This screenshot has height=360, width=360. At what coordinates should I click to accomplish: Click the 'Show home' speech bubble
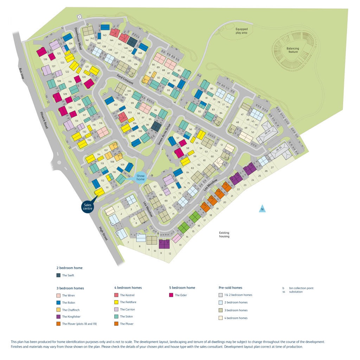coord(141,177)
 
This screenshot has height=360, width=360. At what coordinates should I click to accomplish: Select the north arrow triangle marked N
coord(262,209)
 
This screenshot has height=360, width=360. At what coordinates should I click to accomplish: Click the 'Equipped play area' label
coord(242,31)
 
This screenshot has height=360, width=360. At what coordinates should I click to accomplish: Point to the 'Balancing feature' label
coord(293,50)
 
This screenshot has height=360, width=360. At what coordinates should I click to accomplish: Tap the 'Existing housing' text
coord(224,234)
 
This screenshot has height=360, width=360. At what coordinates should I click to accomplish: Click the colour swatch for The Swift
coord(58,275)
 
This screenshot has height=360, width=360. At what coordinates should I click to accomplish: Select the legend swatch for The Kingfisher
coord(58,317)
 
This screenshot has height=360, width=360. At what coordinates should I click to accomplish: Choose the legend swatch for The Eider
coord(171,295)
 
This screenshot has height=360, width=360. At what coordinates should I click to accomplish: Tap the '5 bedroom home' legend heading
coord(182,288)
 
